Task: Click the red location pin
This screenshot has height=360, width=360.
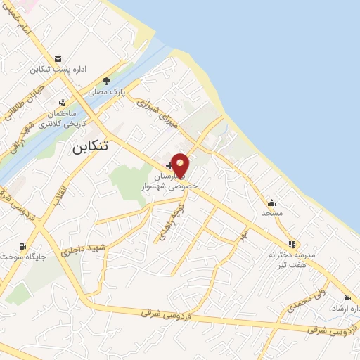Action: pos(181,165)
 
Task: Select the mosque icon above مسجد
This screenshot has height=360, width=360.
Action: pos(271,202)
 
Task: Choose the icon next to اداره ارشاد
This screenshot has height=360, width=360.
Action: pos(346,298)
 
